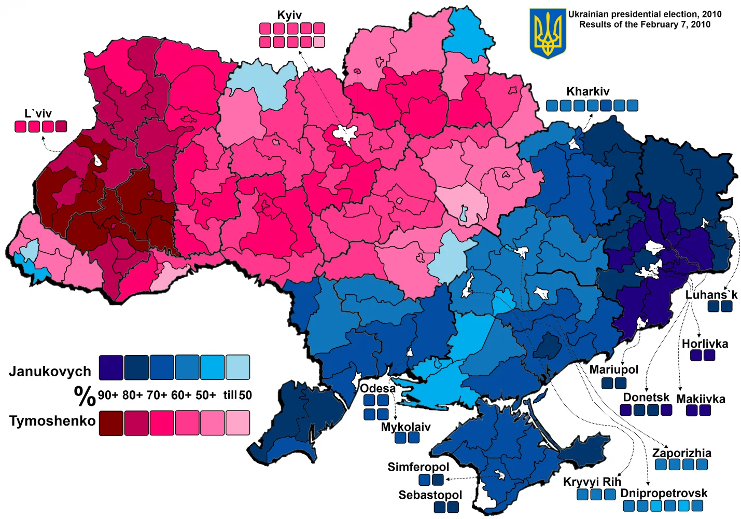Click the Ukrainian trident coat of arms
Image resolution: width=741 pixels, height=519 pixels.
548,33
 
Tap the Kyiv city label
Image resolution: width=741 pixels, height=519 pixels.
289,15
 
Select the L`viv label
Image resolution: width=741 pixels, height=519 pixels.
38,113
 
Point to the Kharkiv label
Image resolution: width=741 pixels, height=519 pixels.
588,91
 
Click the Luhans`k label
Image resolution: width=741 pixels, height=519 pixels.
711,295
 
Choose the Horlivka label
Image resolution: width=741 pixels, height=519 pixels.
705,344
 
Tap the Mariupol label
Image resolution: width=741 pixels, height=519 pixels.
613,370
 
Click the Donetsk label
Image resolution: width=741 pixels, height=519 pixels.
646,397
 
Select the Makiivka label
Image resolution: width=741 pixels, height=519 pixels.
701,399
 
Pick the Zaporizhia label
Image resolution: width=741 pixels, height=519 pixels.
681,453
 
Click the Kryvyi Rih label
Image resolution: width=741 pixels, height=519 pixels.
592,482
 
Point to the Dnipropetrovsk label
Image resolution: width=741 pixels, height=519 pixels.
664,493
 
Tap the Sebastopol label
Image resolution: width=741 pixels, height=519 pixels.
430,495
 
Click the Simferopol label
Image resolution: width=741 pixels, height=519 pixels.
418,467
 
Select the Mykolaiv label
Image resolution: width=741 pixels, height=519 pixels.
406,427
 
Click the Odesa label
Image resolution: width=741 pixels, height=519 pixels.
378,388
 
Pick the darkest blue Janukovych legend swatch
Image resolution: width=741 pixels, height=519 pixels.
110,367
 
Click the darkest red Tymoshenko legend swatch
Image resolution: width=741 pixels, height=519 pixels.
110,422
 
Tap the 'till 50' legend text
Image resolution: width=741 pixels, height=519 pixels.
237,395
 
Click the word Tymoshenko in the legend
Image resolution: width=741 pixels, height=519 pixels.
52,420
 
